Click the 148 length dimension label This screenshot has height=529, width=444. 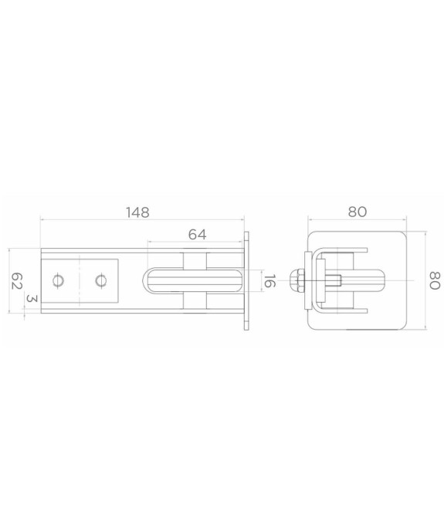(x=137, y=212)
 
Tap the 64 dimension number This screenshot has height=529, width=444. (x=198, y=235)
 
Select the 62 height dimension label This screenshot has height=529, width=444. (x=16, y=281)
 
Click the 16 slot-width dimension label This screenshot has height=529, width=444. (x=269, y=280)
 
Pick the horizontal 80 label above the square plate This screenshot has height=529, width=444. (x=358, y=212)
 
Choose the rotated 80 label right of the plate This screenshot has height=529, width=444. (x=435, y=280)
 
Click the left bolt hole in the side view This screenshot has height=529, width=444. (x=58, y=280)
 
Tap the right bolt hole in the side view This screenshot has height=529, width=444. (x=100, y=280)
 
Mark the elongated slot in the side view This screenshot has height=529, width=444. (x=192, y=280)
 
